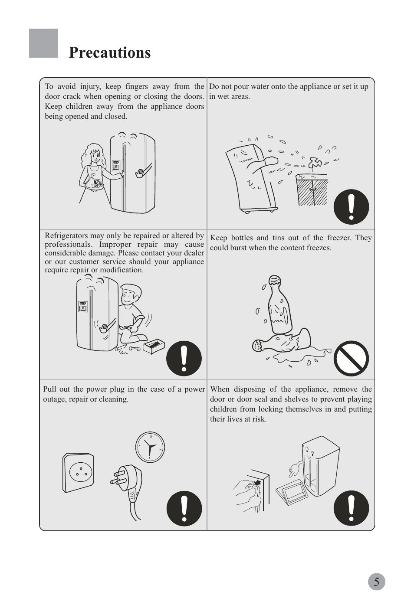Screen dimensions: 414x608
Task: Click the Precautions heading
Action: (x=110, y=52)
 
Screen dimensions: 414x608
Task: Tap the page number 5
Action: (x=377, y=582)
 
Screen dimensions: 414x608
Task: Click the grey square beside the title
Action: (x=43, y=43)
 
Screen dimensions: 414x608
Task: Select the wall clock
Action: (x=150, y=447)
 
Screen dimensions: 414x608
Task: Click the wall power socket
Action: (x=78, y=473)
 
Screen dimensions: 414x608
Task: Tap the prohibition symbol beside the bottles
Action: (x=351, y=358)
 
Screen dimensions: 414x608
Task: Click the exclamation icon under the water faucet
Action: (x=351, y=207)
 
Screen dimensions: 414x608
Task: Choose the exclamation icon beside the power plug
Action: (x=184, y=509)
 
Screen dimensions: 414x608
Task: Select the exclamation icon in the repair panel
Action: (x=184, y=358)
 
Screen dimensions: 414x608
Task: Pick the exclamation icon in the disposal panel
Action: (x=351, y=508)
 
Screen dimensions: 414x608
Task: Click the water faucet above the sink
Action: (x=315, y=163)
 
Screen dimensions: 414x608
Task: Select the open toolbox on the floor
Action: (x=154, y=346)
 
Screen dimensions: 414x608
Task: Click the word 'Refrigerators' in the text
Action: (x=66, y=235)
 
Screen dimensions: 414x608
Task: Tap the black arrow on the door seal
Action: (x=257, y=483)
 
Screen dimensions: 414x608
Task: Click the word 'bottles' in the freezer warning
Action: (x=242, y=238)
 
